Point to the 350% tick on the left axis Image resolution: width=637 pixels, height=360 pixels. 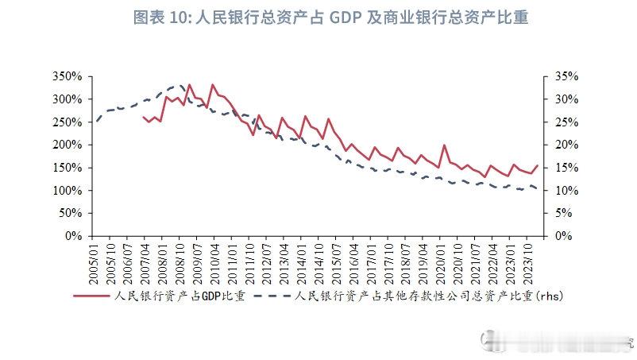click(67, 76)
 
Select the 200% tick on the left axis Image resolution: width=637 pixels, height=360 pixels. click(67, 145)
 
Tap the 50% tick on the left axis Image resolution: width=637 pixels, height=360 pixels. click(70, 213)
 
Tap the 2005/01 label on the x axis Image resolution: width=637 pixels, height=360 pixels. click(96, 261)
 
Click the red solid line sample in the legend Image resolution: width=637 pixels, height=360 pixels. click(91, 296)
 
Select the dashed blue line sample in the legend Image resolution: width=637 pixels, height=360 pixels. click(274, 296)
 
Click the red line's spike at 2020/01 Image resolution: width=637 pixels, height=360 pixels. click(444, 145)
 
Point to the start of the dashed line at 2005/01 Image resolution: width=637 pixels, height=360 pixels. click(96, 122)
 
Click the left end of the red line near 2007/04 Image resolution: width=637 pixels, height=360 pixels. click(143, 117)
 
